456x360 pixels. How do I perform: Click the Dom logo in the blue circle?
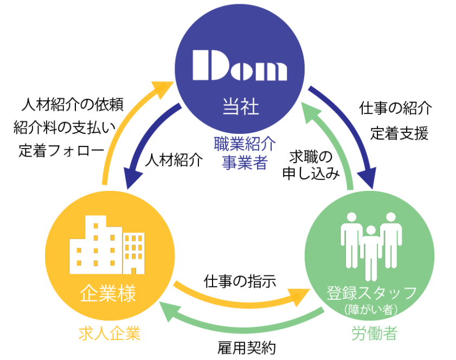click(239, 66)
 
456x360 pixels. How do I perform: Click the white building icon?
click(107, 245)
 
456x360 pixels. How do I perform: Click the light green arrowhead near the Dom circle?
click(310, 112)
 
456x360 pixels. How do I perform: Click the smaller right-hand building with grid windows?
click(134, 252)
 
